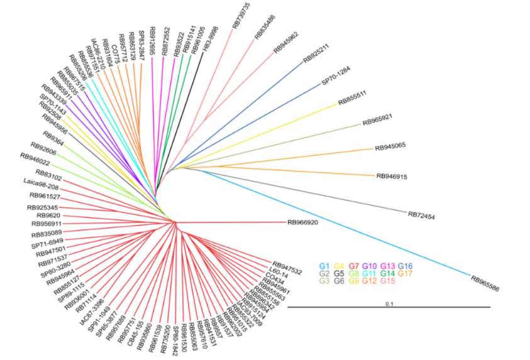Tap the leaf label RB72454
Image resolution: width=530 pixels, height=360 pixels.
422,215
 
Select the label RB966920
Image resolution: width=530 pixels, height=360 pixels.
302,222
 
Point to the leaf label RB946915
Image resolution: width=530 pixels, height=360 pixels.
392,177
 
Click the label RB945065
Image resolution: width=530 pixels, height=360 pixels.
390,147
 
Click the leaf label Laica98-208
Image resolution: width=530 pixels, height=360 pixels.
41,187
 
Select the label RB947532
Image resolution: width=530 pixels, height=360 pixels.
287,267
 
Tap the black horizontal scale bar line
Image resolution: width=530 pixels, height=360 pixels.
389,307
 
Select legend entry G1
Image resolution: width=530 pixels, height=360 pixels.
324,266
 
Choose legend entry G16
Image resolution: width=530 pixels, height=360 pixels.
406,266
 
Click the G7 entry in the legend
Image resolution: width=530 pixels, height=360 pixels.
356,266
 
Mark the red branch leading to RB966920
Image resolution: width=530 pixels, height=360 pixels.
233,222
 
